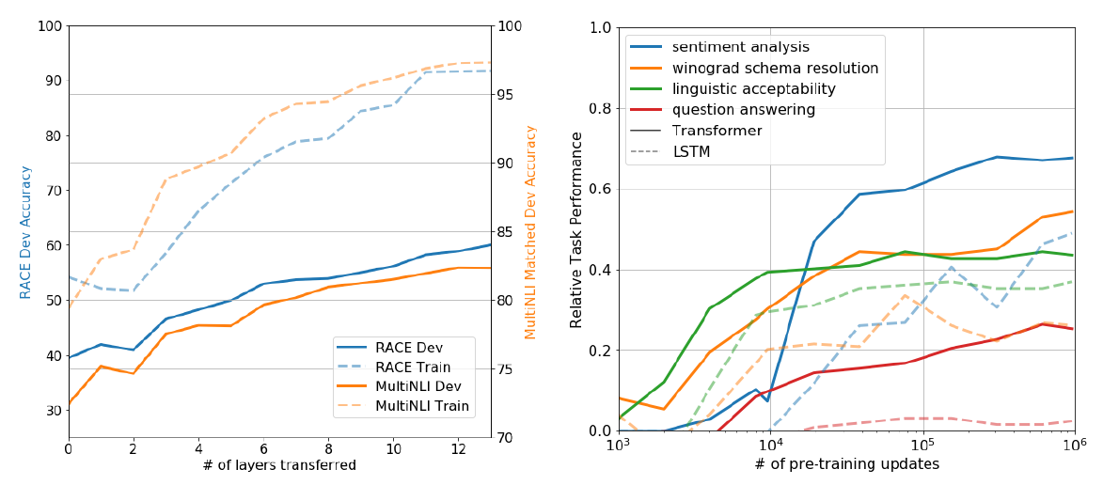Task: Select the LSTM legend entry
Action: (691, 151)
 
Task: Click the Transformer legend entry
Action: (717, 131)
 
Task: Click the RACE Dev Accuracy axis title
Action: (26, 231)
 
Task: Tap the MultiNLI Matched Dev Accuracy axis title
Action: (530, 231)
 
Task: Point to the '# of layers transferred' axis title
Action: (279, 466)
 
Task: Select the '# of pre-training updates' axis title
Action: (845, 464)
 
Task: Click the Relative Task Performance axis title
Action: (576, 229)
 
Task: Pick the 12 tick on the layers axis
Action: (458, 450)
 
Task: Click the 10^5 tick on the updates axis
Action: (922, 446)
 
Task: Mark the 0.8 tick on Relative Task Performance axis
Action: (600, 108)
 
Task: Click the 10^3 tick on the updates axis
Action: (618, 446)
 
